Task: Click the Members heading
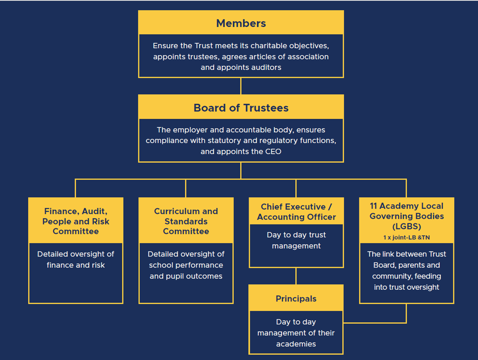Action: pyautogui.click(x=241, y=23)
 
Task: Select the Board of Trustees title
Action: pyautogui.click(x=241, y=108)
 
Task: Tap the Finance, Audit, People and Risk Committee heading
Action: pyautogui.click(x=76, y=221)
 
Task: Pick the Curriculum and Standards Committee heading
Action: pyautogui.click(x=186, y=221)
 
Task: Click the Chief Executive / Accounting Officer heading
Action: pyautogui.click(x=296, y=212)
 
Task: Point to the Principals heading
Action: pyautogui.click(x=296, y=298)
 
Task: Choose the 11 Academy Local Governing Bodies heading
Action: pyautogui.click(x=406, y=216)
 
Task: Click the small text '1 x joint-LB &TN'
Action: pyautogui.click(x=406, y=237)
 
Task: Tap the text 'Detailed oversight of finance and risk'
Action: pyautogui.click(x=76, y=260)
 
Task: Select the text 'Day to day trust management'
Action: pyautogui.click(x=296, y=240)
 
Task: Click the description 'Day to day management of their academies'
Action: pyautogui.click(x=296, y=333)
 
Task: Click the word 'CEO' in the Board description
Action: pyautogui.click(x=273, y=152)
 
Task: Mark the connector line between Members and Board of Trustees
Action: pyautogui.click(x=241, y=86)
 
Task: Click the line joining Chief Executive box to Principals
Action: pyautogui.click(x=296, y=276)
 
